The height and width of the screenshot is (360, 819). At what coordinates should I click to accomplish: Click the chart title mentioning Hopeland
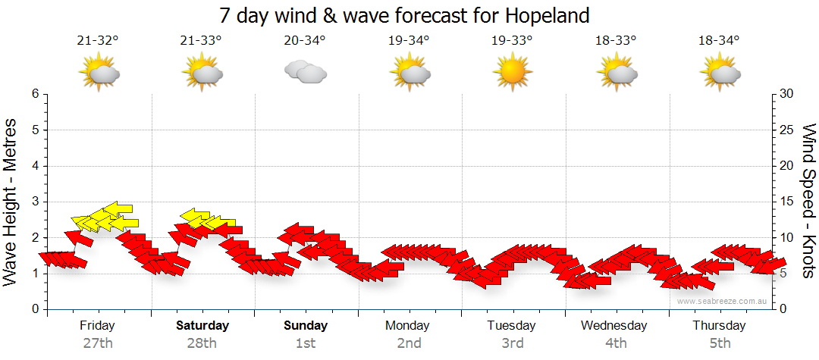[x=404, y=15]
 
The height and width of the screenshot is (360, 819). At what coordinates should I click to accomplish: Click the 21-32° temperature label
[x=99, y=40]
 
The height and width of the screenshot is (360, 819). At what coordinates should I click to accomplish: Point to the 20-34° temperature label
[x=305, y=40]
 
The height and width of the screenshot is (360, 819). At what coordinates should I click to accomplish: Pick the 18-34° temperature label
[x=719, y=40]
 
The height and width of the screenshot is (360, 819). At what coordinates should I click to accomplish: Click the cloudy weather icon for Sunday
[x=305, y=72]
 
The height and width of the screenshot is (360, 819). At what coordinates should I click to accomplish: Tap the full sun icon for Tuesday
[x=512, y=72]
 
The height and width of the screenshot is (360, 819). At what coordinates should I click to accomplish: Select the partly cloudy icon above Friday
[x=99, y=72]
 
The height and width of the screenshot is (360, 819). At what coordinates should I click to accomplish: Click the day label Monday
[x=409, y=325]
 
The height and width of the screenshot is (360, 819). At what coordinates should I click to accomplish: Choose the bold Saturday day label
[x=202, y=325]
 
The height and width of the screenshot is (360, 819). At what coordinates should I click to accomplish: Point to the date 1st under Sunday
[x=306, y=343]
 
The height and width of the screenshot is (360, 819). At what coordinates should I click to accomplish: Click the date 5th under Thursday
[x=719, y=343]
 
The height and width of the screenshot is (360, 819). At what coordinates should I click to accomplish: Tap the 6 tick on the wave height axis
[x=34, y=94]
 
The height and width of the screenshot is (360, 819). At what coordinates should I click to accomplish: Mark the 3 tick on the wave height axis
[x=34, y=202]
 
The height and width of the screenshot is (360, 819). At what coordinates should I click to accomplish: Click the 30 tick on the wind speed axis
[x=787, y=94]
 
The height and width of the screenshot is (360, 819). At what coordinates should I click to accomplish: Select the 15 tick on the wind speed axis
[x=787, y=202]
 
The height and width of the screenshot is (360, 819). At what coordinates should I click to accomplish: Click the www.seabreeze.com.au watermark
[x=723, y=301]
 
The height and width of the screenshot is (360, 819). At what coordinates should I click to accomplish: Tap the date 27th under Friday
[x=99, y=343]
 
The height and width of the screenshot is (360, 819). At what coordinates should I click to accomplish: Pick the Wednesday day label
[x=615, y=325]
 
